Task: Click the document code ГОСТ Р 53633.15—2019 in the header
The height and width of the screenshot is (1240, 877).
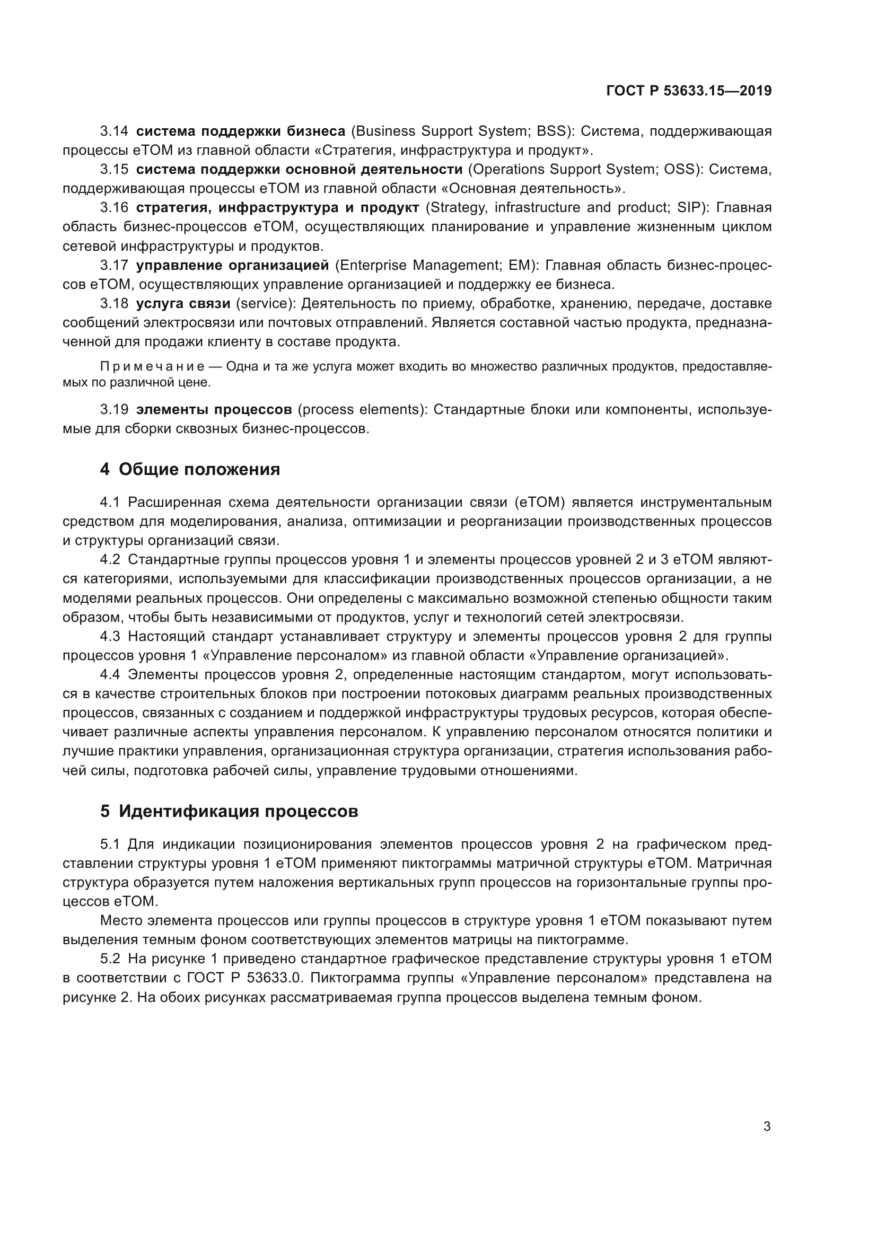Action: (x=689, y=91)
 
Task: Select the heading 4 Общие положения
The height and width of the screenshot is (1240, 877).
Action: (x=190, y=469)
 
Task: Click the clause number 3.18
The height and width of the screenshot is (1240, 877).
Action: (x=114, y=304)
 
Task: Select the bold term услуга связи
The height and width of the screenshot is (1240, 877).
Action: (x=183, y=304)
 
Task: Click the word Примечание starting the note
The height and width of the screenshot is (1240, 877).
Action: (x=152, y=367)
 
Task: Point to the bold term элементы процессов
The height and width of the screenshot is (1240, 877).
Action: (x=214, y=409)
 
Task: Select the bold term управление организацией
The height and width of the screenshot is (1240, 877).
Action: (x=232, y=265)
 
